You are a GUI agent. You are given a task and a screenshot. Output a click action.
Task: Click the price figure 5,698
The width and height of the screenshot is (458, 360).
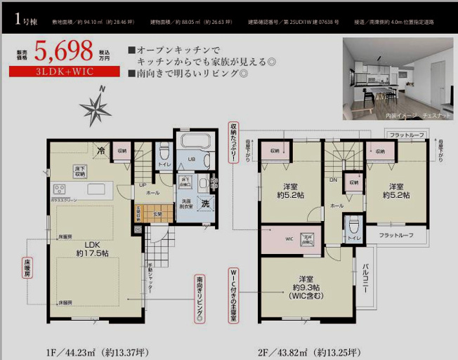[66, 51]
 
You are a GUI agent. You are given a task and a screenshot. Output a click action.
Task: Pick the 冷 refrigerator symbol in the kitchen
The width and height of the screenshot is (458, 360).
[102, 149]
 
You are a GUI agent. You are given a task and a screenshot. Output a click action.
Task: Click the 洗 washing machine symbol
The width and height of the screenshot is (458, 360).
[206, 204]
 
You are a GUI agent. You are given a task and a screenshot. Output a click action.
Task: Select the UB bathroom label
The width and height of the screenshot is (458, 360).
[191, 159]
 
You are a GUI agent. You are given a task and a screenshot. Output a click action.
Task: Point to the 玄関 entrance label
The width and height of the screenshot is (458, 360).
[158, 214]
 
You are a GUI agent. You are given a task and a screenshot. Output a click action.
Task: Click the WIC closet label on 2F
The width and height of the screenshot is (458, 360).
[289, 239]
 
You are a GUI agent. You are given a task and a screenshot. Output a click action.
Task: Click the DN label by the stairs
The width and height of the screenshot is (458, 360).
[333, 180]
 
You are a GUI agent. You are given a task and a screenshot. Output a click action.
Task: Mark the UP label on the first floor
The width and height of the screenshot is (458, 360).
[143, 185]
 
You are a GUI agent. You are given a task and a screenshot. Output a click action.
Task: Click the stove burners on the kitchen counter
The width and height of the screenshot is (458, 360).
[58, 189]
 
